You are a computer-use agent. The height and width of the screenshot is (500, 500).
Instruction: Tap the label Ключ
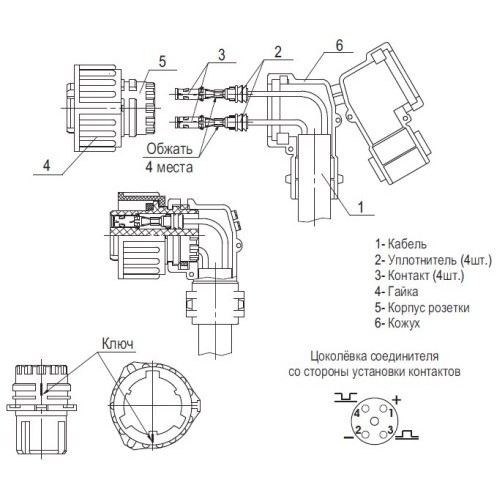click(119, 342)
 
